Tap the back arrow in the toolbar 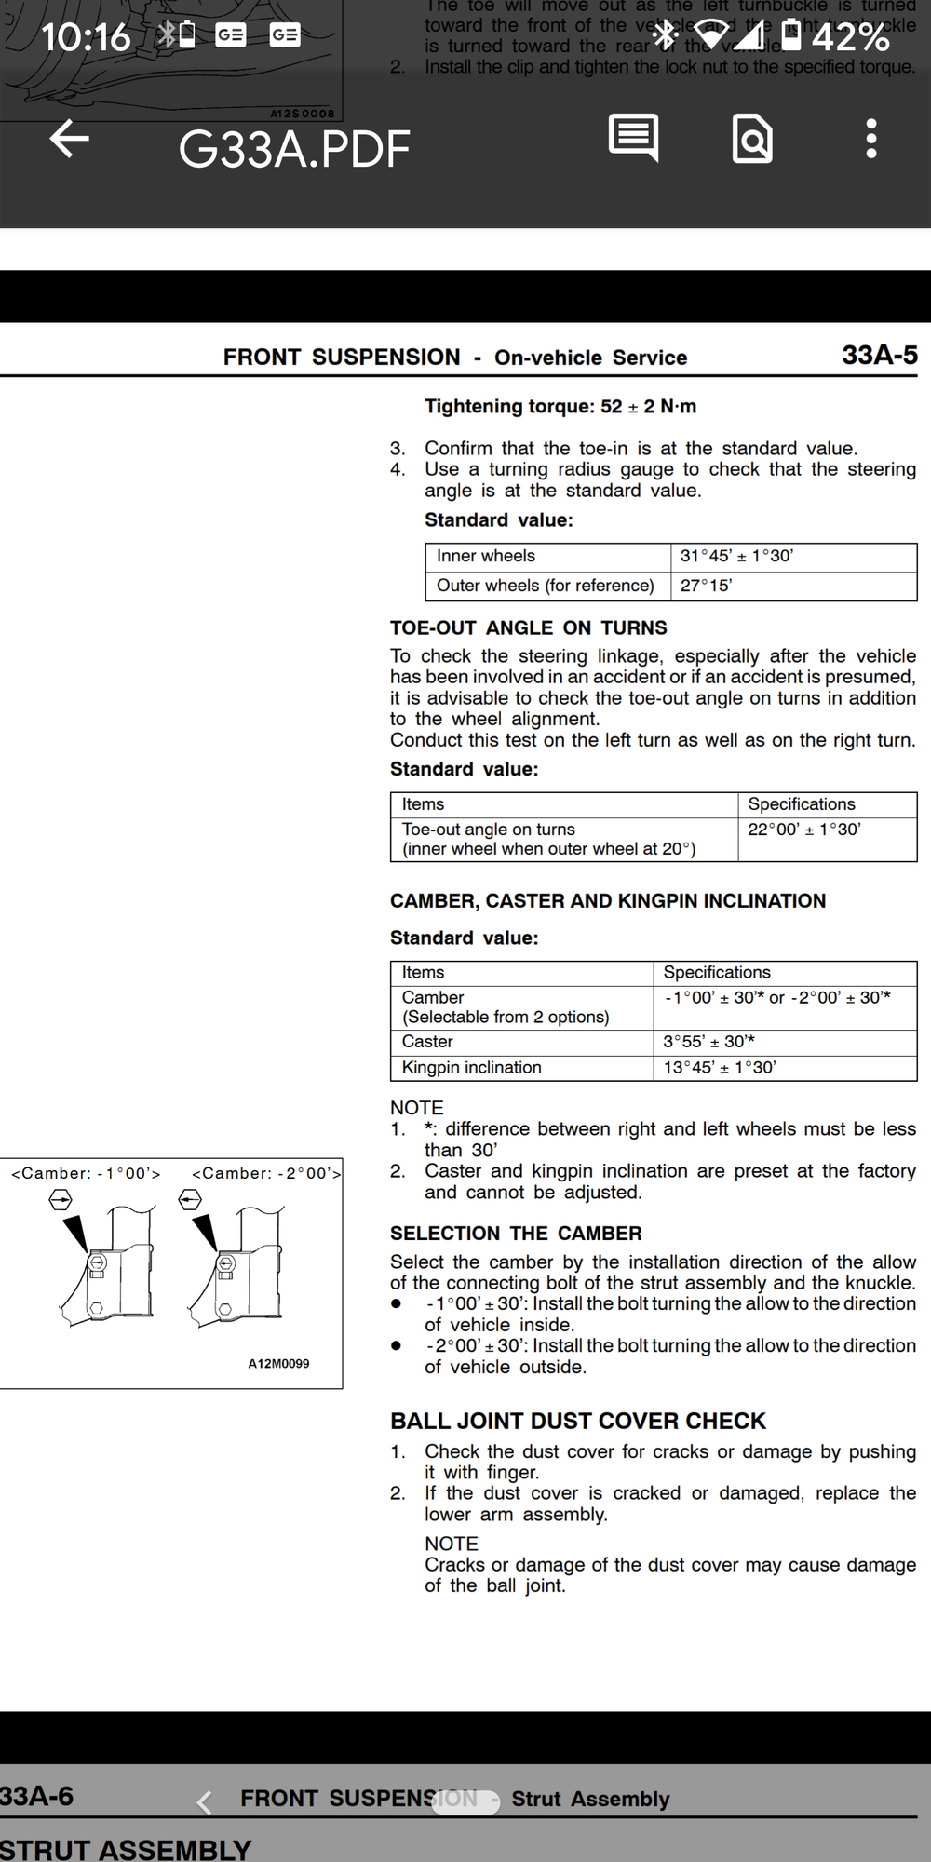pyautogui.click(x=69, y=140)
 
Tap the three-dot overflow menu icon pyautogui.click(x=870, y=139)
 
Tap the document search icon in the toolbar pyautogui.click(x=752, y=139)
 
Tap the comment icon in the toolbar pyautogui.click(x=634, y=138)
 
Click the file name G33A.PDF pyautogui.click(x=294, y=149)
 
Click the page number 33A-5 pyautogui.click(x=879, y=355)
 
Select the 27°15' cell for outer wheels pyautogui.click(x=706, y=586)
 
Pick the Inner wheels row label pyautogui.click(x=486, y=556)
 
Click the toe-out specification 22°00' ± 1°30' pyautogui.click(x=804, y=830)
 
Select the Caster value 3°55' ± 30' pyautogui.click(x=708, y=1042)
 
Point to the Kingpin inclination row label pyautogui.click(x=471, y=1068)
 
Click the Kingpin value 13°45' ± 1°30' pyautogui.click(x=720, y=1068)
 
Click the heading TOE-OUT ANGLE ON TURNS pyautogui.click(x=529, y=628)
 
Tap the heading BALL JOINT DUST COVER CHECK pyautogui.click(x=578, y=1422)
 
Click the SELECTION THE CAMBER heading pyautogui.click(x=516, y=1234)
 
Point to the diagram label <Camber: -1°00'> pyautogui.click(x=86, y=1174)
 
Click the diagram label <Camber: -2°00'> pyautogui.click(x=266, y=1174)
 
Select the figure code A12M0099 pyautogui.click(x=278, y=1364)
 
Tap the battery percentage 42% pyautogui.click(x=850, y=37)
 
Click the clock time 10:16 pyautogui.click(x=86, y=37)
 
